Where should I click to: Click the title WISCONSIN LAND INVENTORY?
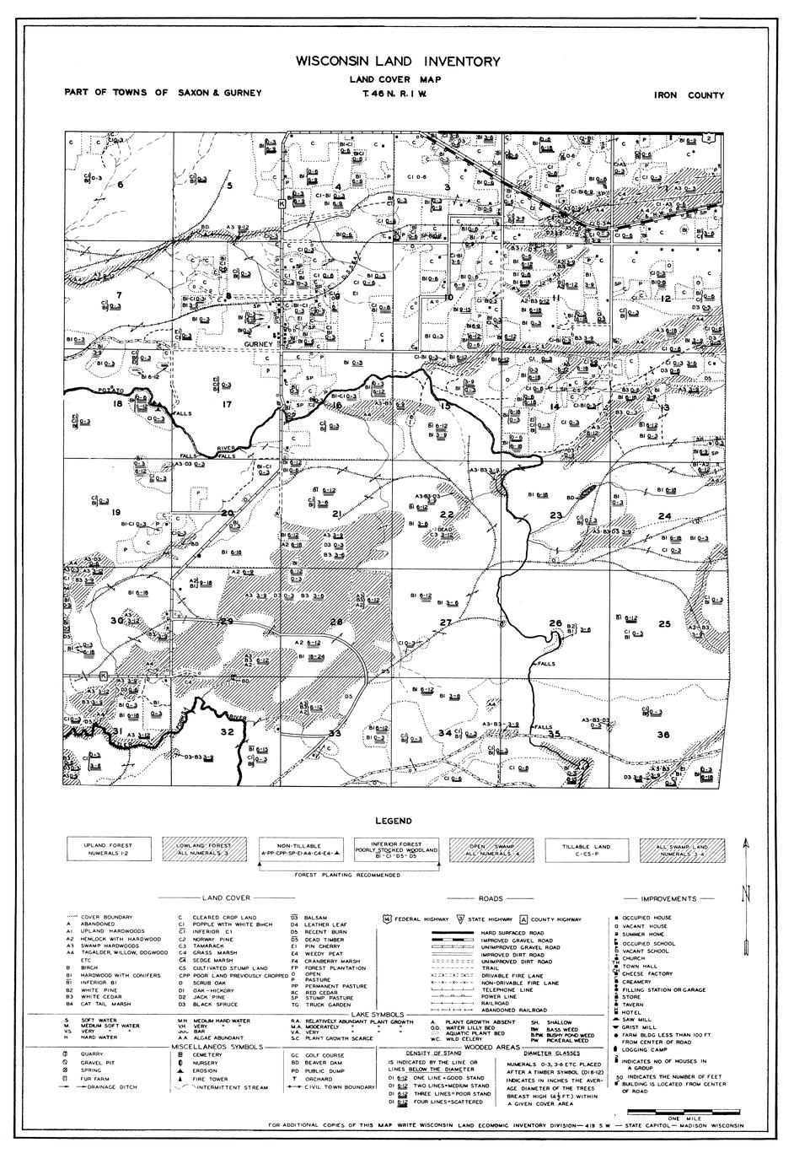click(x=397, y=62)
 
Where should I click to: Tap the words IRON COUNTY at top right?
click(x=689, y=95)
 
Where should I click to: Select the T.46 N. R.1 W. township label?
click(x=397, y=94)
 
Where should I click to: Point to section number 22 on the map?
click(x=448, y=515)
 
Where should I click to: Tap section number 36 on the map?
click(x=664, y=735)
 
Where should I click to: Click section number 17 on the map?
click(x=226, y=405)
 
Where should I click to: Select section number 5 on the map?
click(x=228, y=184)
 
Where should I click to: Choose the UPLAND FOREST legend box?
click(x=108, y=849)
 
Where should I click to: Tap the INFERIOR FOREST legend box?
click(x=396, y=849)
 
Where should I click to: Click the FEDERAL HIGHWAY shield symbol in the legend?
click(x=387, y=919)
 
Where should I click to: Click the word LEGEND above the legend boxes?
click(x=395, y=821)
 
